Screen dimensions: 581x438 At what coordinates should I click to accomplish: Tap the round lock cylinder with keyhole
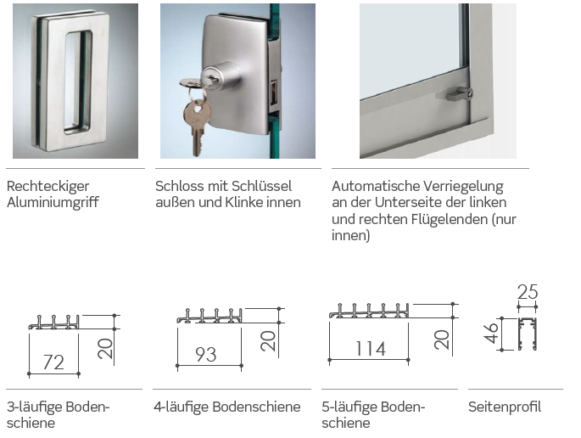pyautogui.click(x=220, y=76)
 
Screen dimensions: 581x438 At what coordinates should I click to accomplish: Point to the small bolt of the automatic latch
pyautogui.click(x=460, y=94)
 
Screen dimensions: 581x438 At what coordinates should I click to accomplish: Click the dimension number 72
pyautogui.click(x=53, y=362)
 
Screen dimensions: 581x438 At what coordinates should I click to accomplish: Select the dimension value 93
pyautogui.click(x=206, y=354)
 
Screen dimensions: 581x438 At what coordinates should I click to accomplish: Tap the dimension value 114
pyautogui.click(x=371, y=349)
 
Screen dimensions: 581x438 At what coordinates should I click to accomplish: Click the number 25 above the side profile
pyautogui.click(x=528, y=292)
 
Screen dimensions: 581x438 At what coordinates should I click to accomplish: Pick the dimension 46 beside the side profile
pyautogui.click(x=491, y=333)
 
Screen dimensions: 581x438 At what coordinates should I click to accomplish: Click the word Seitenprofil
pyautogui.click(x=505, y=407)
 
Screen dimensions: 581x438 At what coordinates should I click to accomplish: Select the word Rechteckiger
pyautogui.click(x=47, y=186)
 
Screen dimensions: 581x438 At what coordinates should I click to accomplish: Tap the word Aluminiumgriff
pyautogui.click(x=53, y=203)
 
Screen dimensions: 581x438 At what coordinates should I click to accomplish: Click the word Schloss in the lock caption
pyautogui.click(x=176, y=186)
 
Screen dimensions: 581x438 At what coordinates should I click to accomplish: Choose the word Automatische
pyautogui.click(x=376, y=186)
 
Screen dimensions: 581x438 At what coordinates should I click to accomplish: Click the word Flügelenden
pyautogui.click(x=450, y=219)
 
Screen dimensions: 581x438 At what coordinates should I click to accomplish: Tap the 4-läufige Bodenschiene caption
pyautogui.click(x=226, y=407)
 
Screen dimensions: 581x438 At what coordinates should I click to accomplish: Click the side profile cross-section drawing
pyautogui.click(x=527, y=334)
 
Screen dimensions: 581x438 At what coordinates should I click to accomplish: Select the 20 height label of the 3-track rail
pyautogui.click(x=105, y=348)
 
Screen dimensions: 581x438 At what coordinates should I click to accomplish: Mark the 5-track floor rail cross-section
pyautogui.click(x=369, y=311)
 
